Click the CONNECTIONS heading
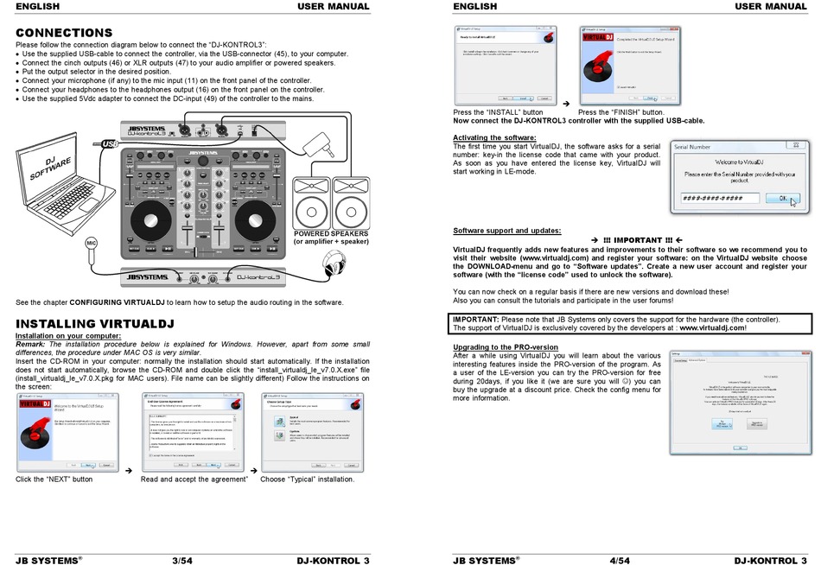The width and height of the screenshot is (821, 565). click(64, 33)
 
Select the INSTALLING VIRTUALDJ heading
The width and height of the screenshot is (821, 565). click(95, 324)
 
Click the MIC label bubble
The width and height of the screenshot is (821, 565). click(91, 243)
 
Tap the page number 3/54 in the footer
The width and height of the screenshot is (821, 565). click(181, 560)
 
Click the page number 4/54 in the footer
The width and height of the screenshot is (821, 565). click(619, 560)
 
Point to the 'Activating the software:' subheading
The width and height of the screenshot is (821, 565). click(494, 137)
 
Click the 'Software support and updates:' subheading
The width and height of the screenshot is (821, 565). click(506, 231)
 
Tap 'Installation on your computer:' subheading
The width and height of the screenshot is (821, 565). click(68, 335)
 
